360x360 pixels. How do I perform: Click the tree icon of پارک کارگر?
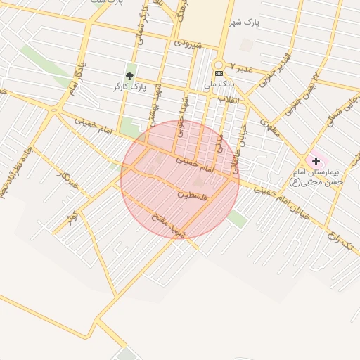tap(129, 75)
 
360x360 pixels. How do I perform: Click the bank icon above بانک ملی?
tap(219, 73)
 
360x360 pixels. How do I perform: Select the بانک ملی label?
tap(219, 84)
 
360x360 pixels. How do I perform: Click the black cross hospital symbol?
tap(316, 161)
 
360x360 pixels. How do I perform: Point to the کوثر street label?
tap(71, 215)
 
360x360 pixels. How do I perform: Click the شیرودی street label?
tap(188, 44)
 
